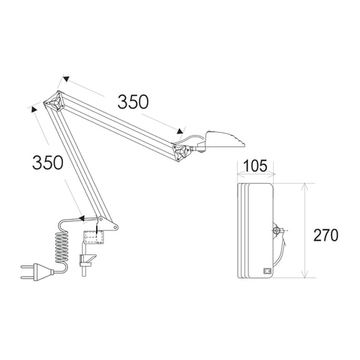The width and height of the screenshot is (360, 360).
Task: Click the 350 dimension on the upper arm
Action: tap(133, 102)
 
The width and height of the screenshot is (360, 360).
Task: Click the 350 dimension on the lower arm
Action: tap(47, 163)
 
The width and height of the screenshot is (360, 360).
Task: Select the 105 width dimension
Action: tap(255, 166)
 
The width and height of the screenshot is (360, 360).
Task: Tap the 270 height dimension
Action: tap(326, 235)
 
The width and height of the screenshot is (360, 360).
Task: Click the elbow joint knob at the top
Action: tap(55, 102)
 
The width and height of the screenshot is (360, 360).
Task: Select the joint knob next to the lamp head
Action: tap(181, 151)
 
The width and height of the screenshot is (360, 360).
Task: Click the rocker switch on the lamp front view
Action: tap(267, 271)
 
